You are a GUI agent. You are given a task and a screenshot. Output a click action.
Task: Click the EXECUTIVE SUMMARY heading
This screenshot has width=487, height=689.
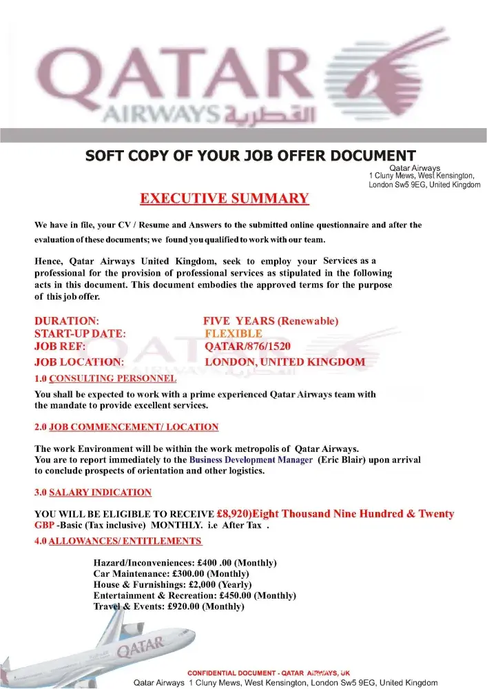pos(225,199)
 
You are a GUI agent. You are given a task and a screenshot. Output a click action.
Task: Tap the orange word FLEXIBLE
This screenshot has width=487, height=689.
pos(234,334)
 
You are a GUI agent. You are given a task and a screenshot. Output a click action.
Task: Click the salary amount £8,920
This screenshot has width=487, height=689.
pos(234,514)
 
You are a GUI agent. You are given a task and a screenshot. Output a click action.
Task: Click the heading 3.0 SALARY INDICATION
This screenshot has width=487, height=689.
pos(93,493)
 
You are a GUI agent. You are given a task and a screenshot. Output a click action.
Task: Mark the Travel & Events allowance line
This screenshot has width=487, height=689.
pos(169,607)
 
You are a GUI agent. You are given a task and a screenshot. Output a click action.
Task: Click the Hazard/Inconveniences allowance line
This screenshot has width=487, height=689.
pos(185,563)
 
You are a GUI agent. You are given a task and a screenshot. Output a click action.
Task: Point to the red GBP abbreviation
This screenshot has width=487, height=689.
pos(44,525)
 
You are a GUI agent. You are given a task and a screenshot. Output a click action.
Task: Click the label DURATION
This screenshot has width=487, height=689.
pos(66,322)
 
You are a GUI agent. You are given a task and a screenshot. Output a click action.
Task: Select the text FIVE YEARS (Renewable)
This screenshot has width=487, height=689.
pos(271,322)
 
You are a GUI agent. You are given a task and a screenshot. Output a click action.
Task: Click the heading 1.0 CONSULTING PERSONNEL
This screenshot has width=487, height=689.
pos(105,378)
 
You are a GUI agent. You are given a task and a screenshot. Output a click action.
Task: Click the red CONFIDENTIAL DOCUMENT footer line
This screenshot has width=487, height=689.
pos(269,672)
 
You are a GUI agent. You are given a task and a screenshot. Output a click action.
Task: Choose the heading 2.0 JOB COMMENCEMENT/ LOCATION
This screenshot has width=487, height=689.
pos(126,427)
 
